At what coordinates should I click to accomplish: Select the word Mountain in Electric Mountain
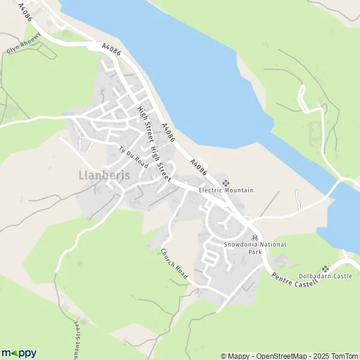pos(241,190)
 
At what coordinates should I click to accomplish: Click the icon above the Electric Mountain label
pos(226,182)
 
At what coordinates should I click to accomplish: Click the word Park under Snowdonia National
pos(256,252)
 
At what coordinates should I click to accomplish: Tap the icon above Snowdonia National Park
pos(254,238)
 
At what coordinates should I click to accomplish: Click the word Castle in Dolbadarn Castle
pos(343,277)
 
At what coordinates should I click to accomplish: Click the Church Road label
pos(175,264)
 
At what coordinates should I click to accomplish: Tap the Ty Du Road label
pos(133,157)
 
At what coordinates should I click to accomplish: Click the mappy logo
pos(19,353)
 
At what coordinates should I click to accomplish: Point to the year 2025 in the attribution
pos(318,356)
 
